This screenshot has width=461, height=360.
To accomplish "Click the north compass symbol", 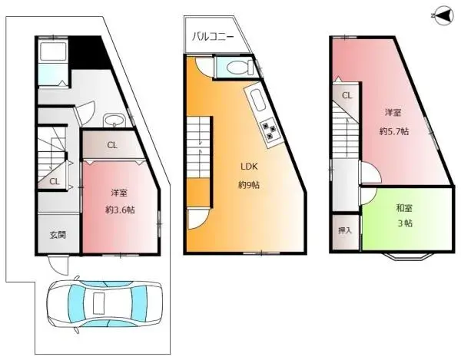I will pyautogui.click(x=442, y=15).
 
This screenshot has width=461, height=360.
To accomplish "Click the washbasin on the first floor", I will pyautogui.click(x=114, y=121).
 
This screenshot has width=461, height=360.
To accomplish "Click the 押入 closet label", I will pyautogui.click(x=346, y=230).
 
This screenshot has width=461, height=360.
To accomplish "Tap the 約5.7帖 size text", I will pyautogui.click(x=393, y=131).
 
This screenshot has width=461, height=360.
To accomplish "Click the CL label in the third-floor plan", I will pyautogui.click(x=347, y=96).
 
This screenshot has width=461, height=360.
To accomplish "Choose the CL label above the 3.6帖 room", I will pyautogui.click(x=112, y=144).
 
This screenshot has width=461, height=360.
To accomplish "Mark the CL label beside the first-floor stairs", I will pyautogui.click(x=54, y=182).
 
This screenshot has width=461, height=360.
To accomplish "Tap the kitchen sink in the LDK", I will pyautogui.click(x=255, y=100).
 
